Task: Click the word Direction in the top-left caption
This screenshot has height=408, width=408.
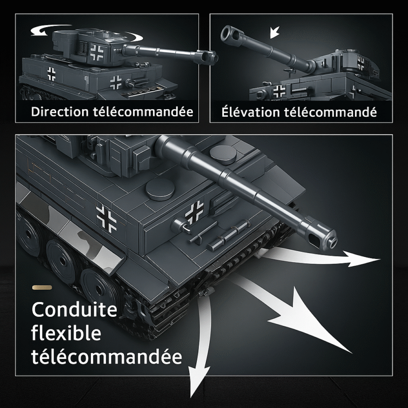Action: [x=60, y=112]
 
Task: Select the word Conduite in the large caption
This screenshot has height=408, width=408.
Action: [x=74, y=309]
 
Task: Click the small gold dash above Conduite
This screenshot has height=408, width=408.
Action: [x=42, y=288]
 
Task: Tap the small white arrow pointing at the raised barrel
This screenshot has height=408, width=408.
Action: [x=274, y=32]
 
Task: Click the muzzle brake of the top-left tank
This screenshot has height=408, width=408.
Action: [x=208, y=56]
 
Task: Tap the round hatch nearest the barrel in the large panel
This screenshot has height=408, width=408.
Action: [x=222, y=155]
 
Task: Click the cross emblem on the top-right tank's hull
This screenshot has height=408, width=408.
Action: [x=279, y=92]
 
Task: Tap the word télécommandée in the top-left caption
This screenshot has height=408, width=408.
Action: [x=143, y=112]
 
